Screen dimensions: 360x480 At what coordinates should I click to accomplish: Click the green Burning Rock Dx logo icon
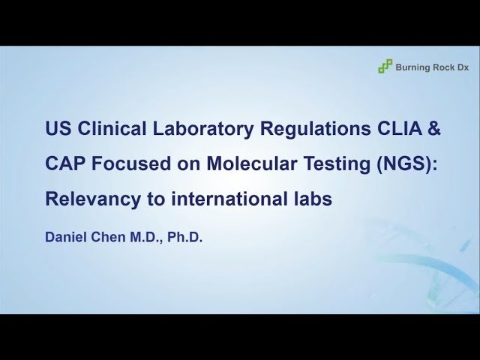coord(385,67)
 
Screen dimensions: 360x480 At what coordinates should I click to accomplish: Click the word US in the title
coord(57,128)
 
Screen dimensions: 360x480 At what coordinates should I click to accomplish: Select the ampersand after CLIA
coord(434,128)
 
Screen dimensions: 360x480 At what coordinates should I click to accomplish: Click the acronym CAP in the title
coord(63,164)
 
